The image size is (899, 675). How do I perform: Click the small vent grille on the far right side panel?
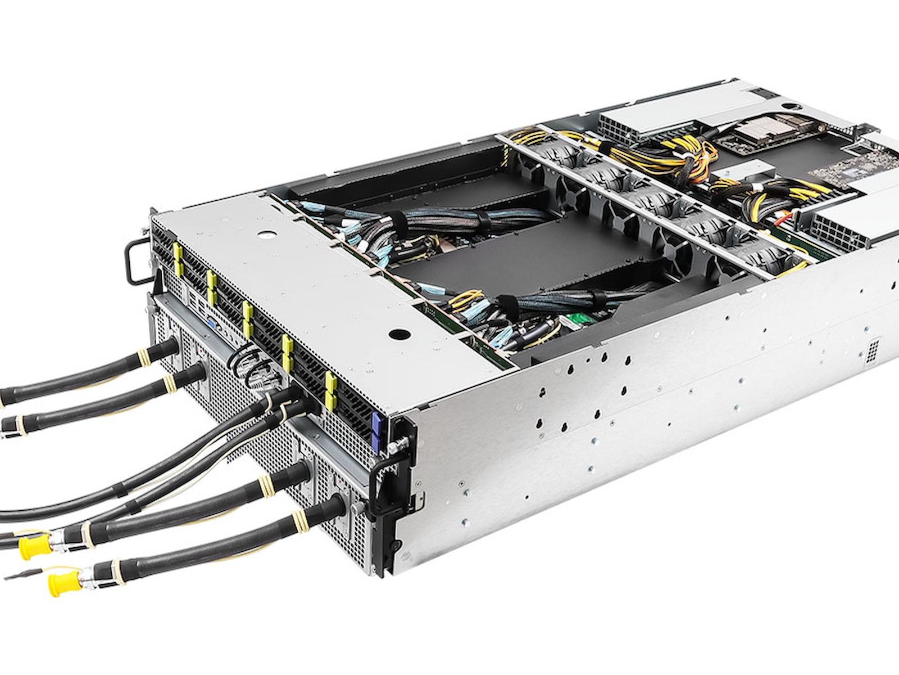tap(871, 351)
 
